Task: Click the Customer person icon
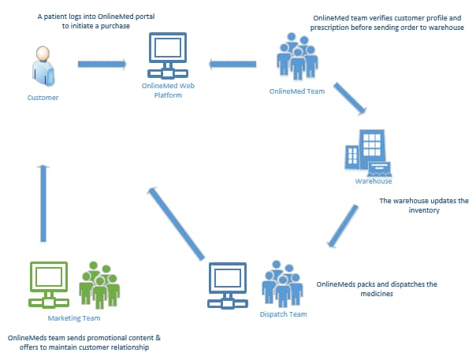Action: [x=43, y=66]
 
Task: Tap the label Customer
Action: [x=43, y=98]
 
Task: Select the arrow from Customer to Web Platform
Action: [x=102, y=64]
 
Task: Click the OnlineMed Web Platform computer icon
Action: [x=168, y=55]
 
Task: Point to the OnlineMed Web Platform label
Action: [x=168, y=91]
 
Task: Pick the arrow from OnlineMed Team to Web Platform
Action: [x=232, y=64]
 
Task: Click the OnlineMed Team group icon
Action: [x=297, y=56]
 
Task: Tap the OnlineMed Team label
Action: [x=297, y=91]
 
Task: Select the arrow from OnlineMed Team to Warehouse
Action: [x=350, y=98]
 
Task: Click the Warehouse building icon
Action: [x=367, y=154]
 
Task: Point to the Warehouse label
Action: [x=374, y=181]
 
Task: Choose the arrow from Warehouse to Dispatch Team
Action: [x=343, y=226]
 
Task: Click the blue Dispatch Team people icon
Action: [x=282, y=284]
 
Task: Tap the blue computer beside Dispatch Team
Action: [x=228, y=285]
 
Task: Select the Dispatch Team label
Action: [x=283, y=314]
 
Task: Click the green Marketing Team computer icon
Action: [x=49, y=284]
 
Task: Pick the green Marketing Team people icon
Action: [x=99, y=284]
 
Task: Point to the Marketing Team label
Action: [x=74, y=318]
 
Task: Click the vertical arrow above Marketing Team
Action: [x=43, y=203]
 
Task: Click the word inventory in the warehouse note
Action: [x=424, y=210]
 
